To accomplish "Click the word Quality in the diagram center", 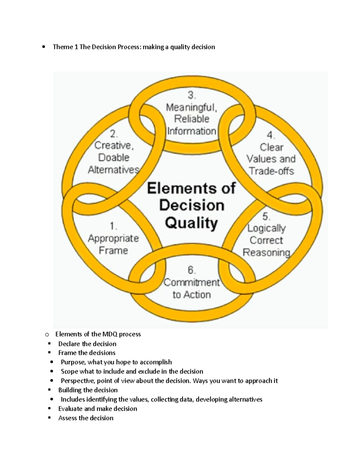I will (191, 223).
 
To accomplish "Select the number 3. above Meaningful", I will (192, 95).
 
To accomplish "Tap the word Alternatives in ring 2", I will (113, 170).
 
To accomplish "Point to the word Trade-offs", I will (271, 171).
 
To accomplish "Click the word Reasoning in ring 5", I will (266, 253).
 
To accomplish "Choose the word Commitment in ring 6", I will (192, 283).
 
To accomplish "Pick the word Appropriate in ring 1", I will (113, 239).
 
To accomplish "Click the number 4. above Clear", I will (271, 135).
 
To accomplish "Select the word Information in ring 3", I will (192, 131).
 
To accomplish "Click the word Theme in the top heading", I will (63, 47).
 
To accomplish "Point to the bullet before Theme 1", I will (44, 47).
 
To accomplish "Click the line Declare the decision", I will (87, 344).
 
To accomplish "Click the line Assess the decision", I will (86, 418).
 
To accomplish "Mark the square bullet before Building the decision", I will (49, 390).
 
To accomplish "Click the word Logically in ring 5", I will (266, 228).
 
